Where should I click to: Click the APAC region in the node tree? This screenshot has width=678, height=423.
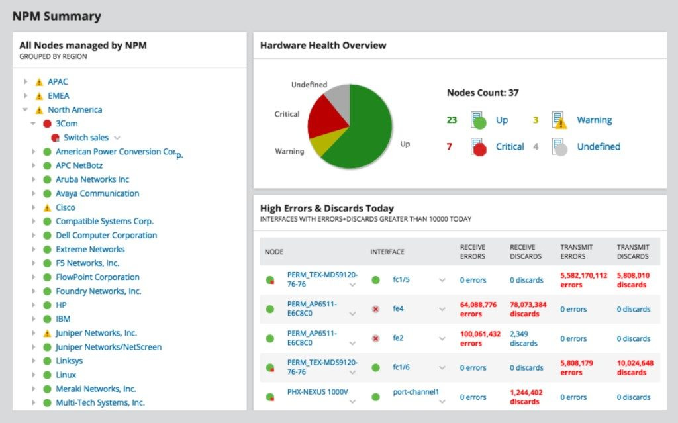point(58,82)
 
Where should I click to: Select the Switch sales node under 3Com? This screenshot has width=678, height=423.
point(86,138)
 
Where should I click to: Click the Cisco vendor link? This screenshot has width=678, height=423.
point(65,208)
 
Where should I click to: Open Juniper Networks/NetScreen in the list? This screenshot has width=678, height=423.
point(108,347)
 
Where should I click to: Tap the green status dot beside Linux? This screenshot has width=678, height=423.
point(47,375)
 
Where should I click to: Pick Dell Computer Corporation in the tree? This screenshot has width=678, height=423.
point(106,236)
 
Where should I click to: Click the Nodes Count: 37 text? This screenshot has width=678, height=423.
point(483,93)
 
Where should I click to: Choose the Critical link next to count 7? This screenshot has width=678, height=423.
point(510,147)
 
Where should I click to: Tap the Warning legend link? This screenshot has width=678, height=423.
point(594,120)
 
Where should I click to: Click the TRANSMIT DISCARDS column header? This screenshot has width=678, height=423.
point(633,252)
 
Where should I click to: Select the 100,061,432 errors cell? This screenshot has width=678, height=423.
point(480,338)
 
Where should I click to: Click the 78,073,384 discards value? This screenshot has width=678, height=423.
point(528,309)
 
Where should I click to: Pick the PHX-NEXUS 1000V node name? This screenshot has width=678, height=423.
point(317,392)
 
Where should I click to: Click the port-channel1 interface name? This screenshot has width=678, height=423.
point(416,392)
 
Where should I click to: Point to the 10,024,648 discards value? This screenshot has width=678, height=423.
point(635,367)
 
